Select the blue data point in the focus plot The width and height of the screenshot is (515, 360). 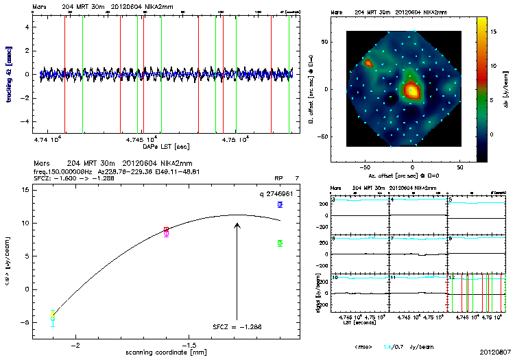point(280,204)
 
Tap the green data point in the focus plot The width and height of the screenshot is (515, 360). point(280,243)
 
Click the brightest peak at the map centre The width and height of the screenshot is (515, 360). point(411,90)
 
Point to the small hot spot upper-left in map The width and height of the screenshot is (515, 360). point(368,63)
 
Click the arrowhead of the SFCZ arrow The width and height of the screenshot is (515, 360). point(237,223)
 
